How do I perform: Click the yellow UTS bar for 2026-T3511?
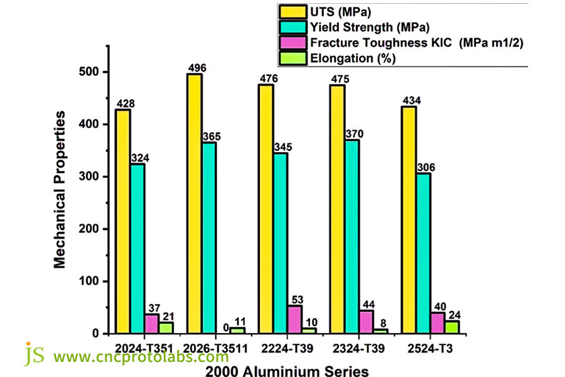click(194, 204)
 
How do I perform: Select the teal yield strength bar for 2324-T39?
click(352, 236)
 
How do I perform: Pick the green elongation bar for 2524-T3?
click(452, 327)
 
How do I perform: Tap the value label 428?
click(125, 104)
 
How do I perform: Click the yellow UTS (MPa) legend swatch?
click(292, 11)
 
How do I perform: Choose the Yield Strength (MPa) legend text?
click(370, 27)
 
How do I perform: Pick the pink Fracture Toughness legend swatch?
click(292, 43)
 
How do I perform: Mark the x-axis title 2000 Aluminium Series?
click(287, 370)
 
